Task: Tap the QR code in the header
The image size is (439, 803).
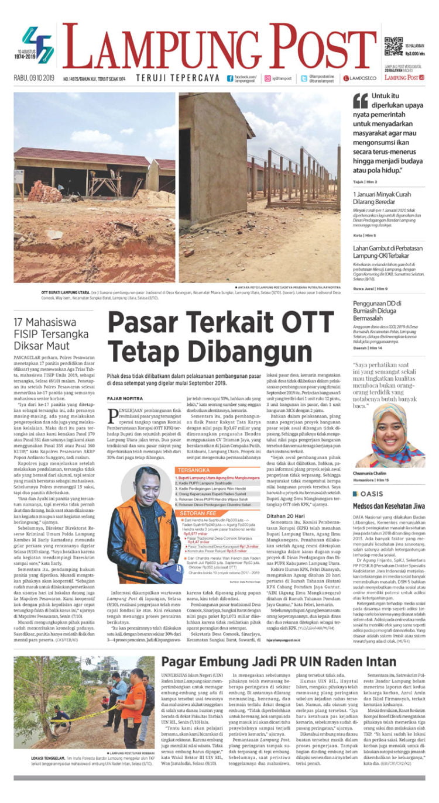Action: click(393, 46)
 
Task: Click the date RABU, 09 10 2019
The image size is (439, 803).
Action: click(33, 78)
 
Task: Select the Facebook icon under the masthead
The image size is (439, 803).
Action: click(230, 78)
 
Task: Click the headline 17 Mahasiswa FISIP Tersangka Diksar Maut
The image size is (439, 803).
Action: click(54, 336)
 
